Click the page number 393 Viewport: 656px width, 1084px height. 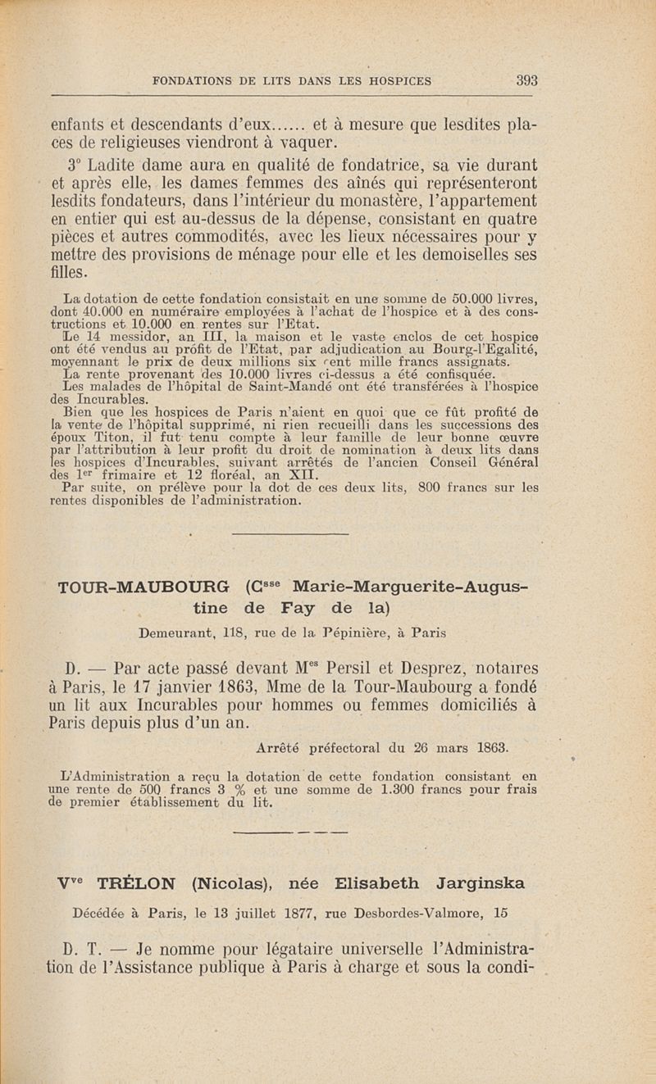coord(526,80)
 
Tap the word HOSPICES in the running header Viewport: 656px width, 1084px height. coord(394,81)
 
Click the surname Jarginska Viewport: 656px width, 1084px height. coord(471,884)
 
